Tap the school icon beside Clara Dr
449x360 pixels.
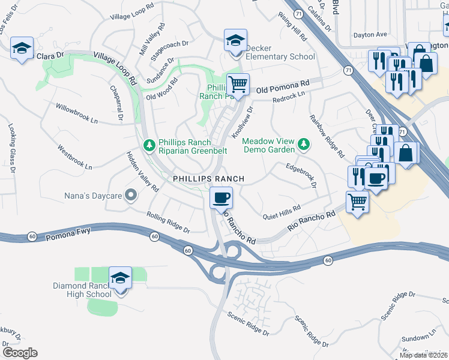[x=22, y=49]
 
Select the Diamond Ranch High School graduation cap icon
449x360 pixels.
[x=121, y=278]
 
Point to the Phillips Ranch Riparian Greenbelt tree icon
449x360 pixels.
[x=149, y=145]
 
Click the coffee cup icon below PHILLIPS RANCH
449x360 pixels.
[x=221, y=197]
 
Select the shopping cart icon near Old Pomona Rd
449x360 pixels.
[x=238, y=84]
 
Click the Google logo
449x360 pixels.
[x=20, y=352]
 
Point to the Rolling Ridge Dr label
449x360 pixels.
[x=169, y=222]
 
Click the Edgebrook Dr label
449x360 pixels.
[x=301, y=175]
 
